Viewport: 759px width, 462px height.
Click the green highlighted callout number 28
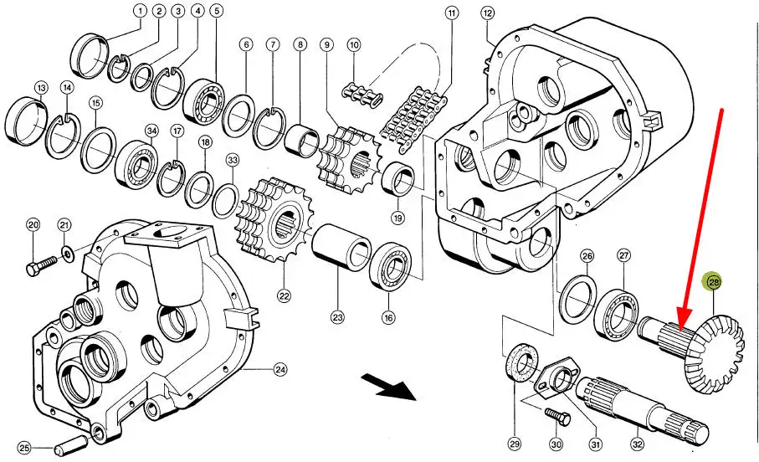tap(714, 284)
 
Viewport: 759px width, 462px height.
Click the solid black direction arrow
tap(391, 388)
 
